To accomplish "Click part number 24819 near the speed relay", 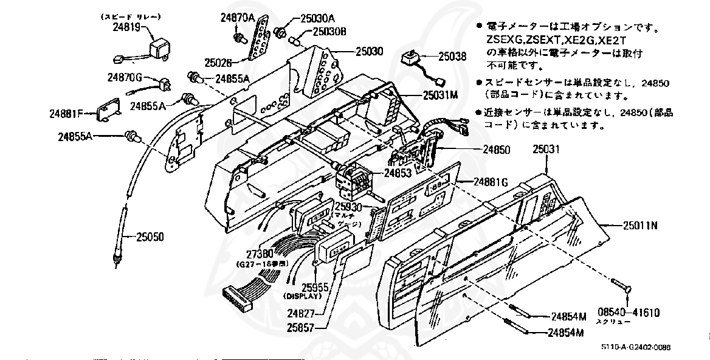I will pos(126,27).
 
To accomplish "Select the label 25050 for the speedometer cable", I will pos(150,236).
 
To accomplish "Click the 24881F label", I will pos(71,112).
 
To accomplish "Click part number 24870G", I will pos(125,77).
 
